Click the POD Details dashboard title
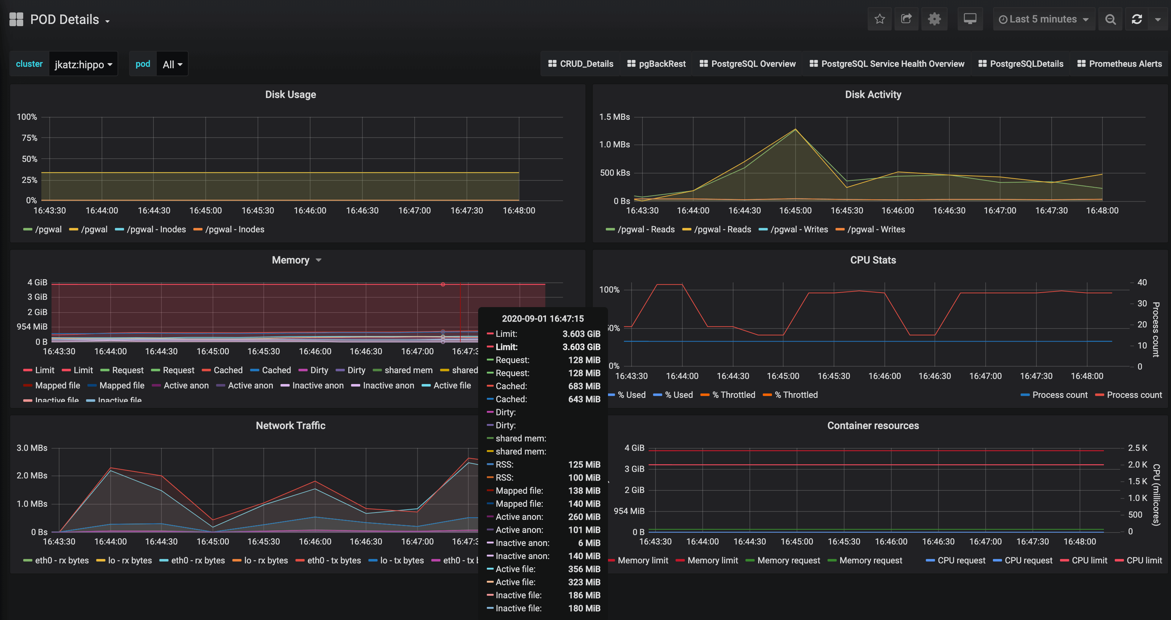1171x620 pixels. (65, 20)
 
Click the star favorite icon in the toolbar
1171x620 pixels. (880, 19)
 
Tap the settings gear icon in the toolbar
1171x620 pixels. (934, 19)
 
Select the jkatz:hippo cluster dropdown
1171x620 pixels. (83, 64)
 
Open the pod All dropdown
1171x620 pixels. (172, 64)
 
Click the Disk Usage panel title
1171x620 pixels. (291, 95)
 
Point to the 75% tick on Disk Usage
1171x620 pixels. (29, 138)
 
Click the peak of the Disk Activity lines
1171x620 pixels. (796, 129)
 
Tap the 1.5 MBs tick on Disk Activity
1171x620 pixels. (614, 117)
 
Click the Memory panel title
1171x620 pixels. (291, 260)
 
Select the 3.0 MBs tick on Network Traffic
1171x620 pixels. (32, 448)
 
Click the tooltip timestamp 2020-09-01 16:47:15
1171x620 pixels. (542, 318)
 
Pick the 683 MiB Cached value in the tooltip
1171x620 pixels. (584, 386)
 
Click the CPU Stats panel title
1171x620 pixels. (873, 260)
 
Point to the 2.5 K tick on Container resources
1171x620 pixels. (1137, 448)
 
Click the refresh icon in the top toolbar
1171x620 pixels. (1137, 19)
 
